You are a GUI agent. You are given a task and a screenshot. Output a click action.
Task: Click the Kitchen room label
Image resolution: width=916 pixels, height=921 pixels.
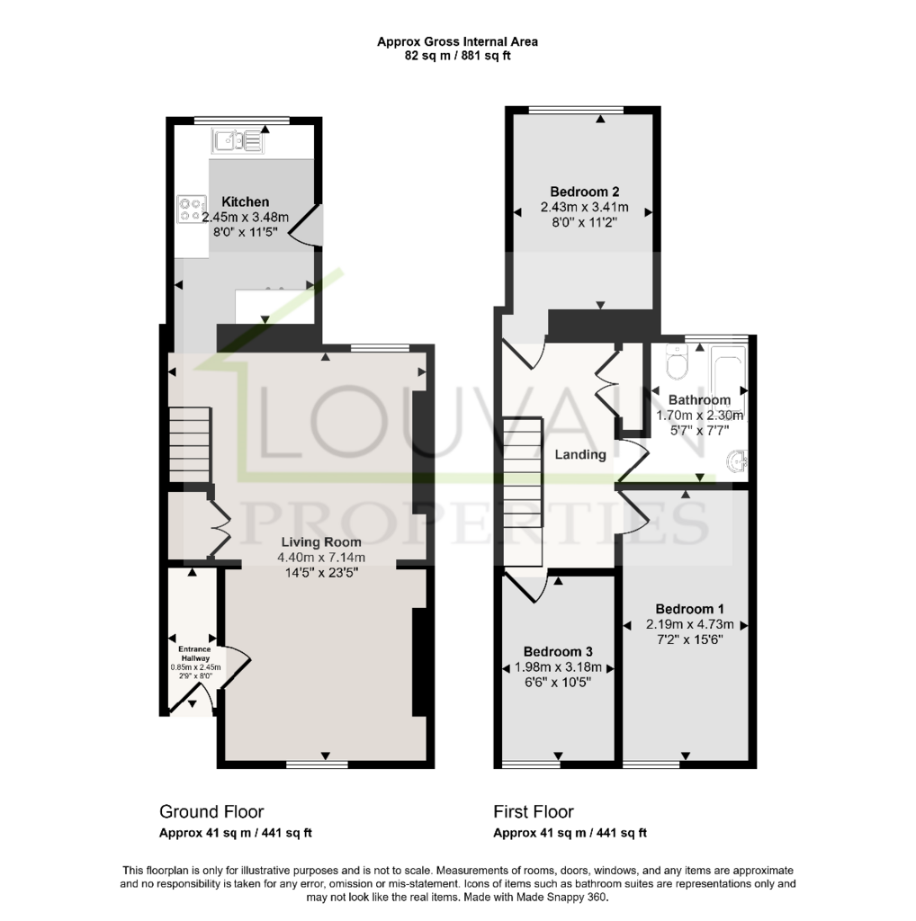point(245,202)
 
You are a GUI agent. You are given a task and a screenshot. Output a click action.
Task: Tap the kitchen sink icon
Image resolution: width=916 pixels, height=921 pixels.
point(238,141)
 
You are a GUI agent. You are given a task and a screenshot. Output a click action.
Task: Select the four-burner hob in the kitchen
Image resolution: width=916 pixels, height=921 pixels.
point(193,210)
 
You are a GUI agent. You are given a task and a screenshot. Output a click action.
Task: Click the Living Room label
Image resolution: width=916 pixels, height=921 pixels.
point(321,542)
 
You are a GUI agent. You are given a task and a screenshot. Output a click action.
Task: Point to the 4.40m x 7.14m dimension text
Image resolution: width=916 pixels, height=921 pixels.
point(321,558)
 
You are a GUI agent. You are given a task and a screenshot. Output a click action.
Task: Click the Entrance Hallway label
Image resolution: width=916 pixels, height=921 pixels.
point(194,654)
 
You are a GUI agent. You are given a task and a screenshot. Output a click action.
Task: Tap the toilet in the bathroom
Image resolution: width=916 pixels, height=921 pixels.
point(677,362)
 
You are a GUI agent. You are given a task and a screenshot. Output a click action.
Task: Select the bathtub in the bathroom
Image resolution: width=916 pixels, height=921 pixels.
point(728,376)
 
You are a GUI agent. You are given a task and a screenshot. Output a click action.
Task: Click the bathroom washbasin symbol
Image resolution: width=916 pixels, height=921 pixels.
point(737,461)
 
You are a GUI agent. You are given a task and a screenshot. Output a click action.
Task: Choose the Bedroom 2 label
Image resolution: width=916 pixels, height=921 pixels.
point(584,192)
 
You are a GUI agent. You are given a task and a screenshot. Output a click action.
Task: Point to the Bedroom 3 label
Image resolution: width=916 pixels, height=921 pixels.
point(558,651)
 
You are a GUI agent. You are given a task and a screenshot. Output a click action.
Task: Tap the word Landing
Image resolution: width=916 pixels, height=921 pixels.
point(580,454)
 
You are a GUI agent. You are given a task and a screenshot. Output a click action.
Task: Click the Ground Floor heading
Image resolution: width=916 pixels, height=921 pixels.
point(211,812)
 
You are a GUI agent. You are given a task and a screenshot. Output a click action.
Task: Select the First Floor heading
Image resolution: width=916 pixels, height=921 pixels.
point(534,812)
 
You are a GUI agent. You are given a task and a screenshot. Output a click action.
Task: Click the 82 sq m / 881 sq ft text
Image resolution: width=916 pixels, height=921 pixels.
point(458,57)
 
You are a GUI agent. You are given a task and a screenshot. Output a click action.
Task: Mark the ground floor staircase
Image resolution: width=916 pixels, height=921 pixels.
point(190,444)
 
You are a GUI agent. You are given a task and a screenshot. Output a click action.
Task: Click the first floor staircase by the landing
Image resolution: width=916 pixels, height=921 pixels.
point(523,492)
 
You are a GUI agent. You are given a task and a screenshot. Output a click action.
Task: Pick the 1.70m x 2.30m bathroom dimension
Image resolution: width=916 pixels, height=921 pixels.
point(699,416)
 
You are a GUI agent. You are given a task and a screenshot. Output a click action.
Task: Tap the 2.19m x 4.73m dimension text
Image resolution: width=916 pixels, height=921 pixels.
point(690,624)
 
